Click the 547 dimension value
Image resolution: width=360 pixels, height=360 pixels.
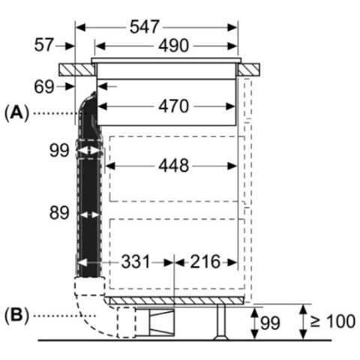coord(144,27)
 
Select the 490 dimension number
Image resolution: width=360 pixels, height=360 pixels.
coord(174,46)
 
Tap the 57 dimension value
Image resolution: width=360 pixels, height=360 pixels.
coord(44,45)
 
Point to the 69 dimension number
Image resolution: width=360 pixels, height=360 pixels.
coord(44,87)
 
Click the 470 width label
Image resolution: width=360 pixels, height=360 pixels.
coord(174,106)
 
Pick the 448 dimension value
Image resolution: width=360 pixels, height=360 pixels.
coord(174,166)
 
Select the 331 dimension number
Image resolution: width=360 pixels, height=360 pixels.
coord(136,262)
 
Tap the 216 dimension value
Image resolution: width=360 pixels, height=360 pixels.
coord(205,262)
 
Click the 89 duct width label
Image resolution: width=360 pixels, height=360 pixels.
coord(59,213)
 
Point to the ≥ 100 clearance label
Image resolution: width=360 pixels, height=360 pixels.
coord(332,321)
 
